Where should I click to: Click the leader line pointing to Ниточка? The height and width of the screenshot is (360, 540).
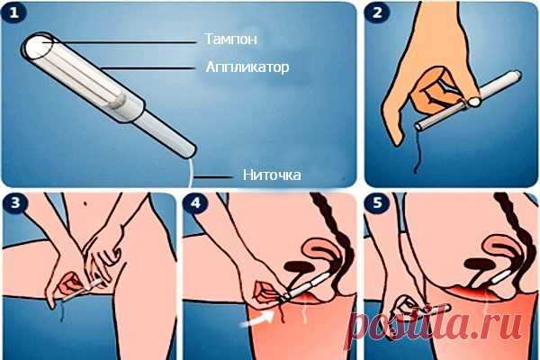coord(216,175)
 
